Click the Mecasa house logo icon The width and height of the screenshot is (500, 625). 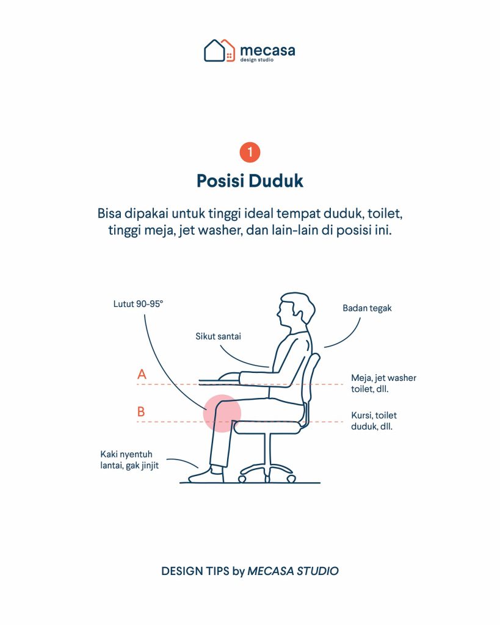(x=219, y=51)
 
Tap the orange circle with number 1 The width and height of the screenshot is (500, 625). (x=250, y=152)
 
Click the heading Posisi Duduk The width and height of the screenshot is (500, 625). (x=250, y=181)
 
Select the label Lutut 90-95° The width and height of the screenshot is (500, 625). (x=138, y=304)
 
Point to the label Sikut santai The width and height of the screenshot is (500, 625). (x=218, y=336)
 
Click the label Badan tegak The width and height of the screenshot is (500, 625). (x=367, y=308)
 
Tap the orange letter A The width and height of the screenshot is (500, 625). (x=142, y=374)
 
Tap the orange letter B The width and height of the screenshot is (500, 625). (x=141, y=411)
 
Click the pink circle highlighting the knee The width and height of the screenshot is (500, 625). (x=222, y=413)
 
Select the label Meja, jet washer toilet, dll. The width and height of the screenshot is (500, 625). (x=383, y=383)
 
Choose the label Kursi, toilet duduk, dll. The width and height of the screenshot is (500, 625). (x=374, y=421)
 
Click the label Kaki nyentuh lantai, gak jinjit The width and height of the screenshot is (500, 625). (x=129, y=460)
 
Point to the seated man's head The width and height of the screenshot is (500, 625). (x=296, y=311)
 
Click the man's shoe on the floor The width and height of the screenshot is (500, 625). (x=206, y=475)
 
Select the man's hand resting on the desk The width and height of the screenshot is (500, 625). (x=229, y=377)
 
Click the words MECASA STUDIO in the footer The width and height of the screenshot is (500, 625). (x=292, y=571)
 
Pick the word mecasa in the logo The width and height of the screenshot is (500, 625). (x=267, y=51)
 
